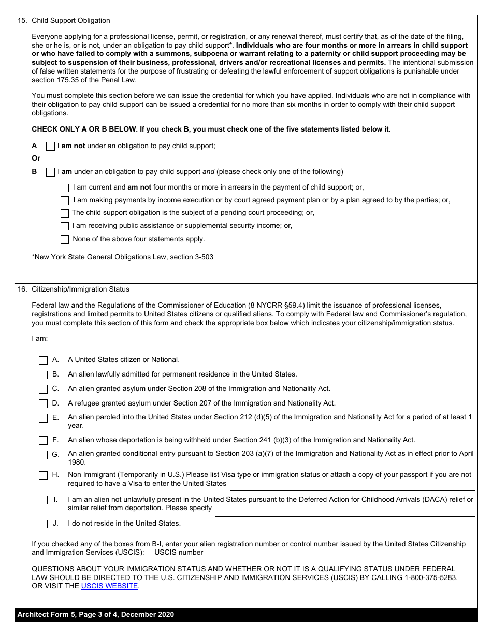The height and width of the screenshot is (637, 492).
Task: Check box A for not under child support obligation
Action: [50, 147]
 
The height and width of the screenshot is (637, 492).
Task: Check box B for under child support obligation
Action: [50, 172]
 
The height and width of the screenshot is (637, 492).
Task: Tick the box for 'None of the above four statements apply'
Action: [65, 239]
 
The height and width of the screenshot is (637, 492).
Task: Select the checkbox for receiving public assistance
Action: [65, 226]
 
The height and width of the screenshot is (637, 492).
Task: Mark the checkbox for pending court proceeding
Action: [65, 213]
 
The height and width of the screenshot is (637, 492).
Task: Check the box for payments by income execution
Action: [65, 200]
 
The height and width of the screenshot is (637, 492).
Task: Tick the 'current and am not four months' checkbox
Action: [65, 188]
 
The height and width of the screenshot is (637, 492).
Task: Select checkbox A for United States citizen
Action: [44, 360]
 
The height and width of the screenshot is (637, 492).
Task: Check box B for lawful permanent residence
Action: [44, 374]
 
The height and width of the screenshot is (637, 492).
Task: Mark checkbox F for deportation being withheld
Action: [44, 440]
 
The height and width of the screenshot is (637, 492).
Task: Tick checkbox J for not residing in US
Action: [44, 524]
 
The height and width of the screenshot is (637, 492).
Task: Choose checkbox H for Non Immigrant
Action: [44, 475]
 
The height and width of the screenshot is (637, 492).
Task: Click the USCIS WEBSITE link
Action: [109, 586]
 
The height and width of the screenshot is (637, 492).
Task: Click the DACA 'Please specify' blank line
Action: [344, 512]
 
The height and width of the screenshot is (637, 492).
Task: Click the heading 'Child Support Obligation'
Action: [71, 21]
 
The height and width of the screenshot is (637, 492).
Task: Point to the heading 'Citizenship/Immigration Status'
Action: [80, 289]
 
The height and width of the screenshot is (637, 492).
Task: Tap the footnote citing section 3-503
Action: [123, 257]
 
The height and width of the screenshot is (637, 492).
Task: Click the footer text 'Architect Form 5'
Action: [47, 615]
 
